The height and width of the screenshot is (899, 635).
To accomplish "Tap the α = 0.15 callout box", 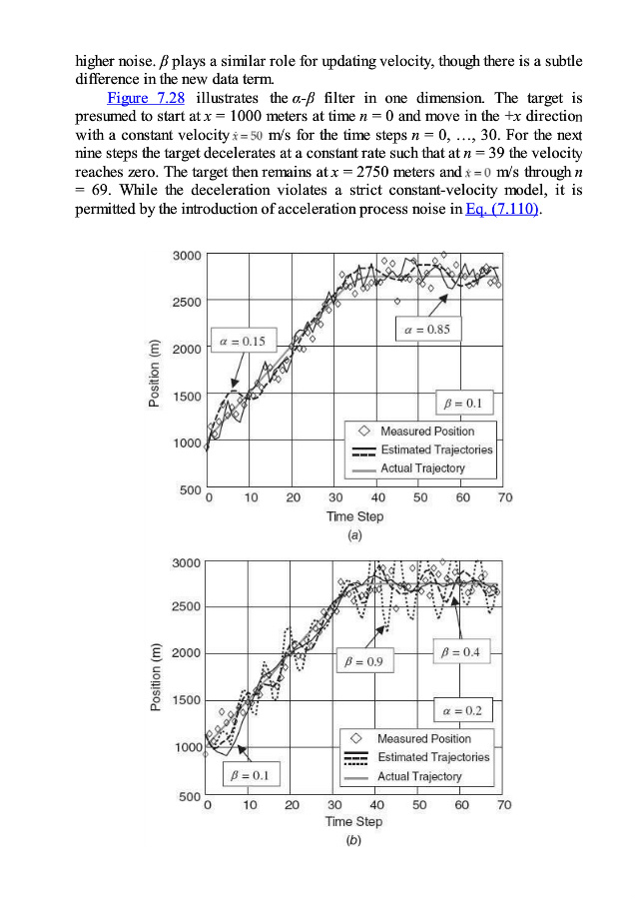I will coord(242,342).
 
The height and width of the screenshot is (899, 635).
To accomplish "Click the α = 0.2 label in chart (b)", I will coord(462,710).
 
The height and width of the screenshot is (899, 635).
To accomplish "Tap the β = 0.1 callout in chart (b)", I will coord(249,775).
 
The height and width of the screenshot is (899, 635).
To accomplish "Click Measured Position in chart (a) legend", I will coord(427,431).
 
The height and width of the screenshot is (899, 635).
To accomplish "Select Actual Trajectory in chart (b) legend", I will coord(419,776).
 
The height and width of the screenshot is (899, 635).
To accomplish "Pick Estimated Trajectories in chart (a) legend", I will coord(436,449).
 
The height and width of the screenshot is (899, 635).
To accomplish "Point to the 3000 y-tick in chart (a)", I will coord(186,256).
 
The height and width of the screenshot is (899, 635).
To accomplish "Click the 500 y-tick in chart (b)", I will coord(190,796).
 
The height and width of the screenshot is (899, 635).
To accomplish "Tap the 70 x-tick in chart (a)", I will coord(505,497).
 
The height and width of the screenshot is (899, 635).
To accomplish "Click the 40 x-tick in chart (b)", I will coord(377,804).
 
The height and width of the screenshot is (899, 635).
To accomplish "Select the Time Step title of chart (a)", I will coord(354,516).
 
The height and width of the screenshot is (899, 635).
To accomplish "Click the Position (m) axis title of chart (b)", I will coord(155,678).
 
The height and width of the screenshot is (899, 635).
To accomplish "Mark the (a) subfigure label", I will coord(353,535).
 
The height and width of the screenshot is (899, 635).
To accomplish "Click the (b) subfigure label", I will coord(353,841).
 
